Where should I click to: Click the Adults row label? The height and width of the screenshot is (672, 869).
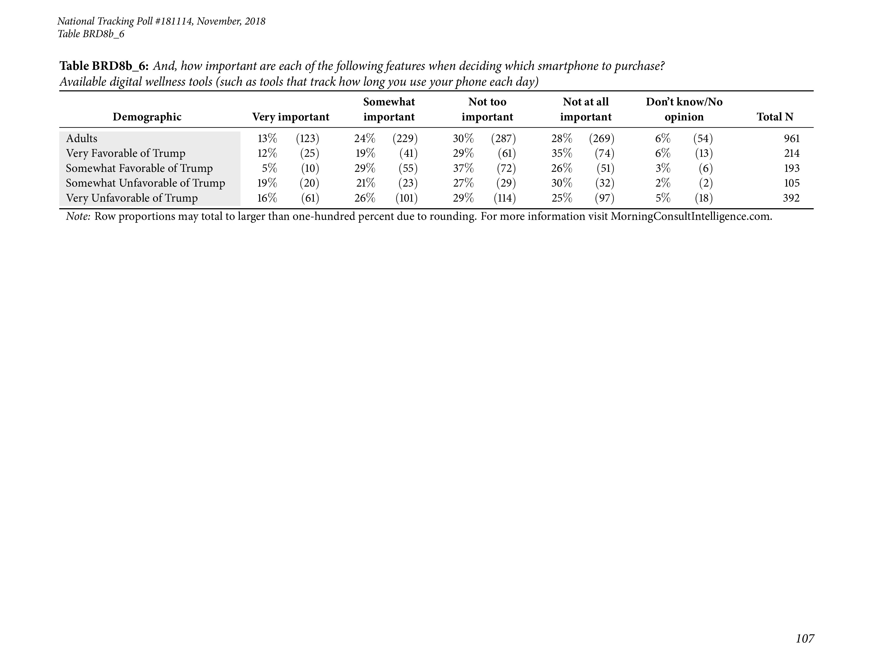82,139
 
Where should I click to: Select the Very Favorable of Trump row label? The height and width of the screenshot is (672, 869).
125,153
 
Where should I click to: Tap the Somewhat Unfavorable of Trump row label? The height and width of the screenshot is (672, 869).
145,183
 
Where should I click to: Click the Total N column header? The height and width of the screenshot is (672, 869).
775,117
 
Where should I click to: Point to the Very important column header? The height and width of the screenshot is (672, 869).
290,117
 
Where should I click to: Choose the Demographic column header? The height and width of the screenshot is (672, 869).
147,117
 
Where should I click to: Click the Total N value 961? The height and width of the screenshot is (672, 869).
791,139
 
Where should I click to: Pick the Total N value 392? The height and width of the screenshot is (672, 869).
791,198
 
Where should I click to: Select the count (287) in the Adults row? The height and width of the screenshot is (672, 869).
503,139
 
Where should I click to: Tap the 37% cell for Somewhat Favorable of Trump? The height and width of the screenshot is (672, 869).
463,168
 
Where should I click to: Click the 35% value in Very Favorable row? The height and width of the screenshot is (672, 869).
561,153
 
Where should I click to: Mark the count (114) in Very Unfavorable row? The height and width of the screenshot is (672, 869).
505,198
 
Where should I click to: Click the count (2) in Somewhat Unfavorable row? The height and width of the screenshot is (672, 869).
705,183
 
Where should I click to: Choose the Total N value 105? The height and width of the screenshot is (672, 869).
791,183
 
